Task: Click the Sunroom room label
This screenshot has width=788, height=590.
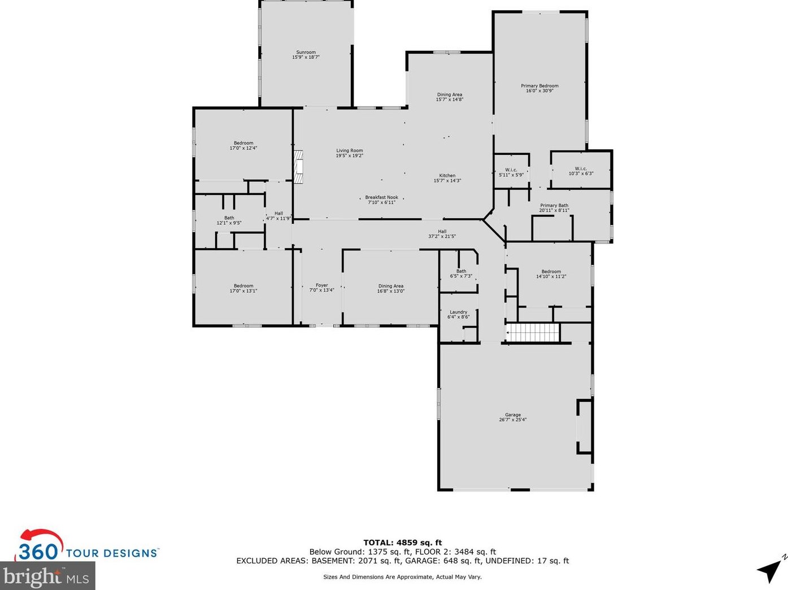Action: point(306,52)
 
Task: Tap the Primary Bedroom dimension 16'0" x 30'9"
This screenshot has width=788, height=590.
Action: point(539,91)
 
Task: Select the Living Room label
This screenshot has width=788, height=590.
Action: point(349,150)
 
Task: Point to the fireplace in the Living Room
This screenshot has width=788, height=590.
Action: point(298,167)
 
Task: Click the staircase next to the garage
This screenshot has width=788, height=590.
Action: point(533,332)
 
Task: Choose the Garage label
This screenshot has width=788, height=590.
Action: point(513,414)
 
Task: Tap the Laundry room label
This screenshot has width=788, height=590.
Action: point(459,312)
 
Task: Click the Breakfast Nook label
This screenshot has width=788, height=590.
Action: point(382,197)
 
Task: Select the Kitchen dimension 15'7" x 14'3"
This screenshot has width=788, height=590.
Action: point(447,181)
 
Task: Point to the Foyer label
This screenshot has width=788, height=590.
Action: point(321,285)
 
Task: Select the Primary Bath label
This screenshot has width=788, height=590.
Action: point(554,205)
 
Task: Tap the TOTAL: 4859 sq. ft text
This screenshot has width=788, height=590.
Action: point(403,543)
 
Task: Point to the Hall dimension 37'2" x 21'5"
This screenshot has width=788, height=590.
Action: point(442,236)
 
